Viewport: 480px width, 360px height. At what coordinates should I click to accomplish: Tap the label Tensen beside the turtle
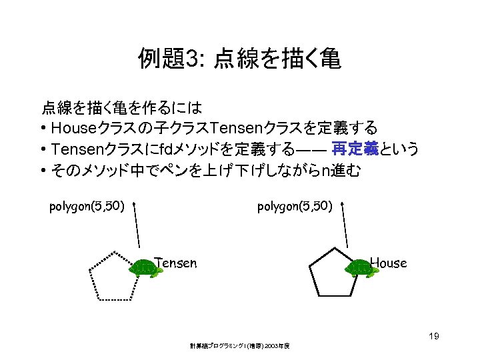point(175,263)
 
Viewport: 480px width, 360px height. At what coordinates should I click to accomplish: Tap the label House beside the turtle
point(388,263)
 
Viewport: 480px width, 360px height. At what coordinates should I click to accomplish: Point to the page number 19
point(433,337)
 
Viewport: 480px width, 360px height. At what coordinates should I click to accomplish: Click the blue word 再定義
point(355,149)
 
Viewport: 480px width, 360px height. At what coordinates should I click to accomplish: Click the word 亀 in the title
point(329,60)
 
